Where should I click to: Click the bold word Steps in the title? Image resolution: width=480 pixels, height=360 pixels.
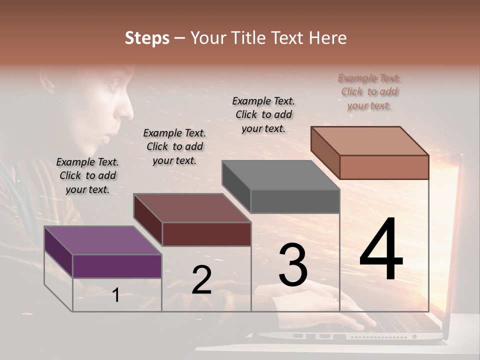(x=147, y=38)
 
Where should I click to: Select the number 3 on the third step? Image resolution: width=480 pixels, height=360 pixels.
(x=293, y=265)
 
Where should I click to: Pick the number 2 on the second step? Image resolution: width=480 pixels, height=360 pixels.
(x=201, y=280)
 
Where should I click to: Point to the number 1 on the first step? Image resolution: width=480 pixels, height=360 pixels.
(x=115, y=295)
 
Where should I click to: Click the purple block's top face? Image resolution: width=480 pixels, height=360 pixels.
(x=102, y=240)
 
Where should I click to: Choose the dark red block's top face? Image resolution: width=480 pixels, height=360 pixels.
(x=192, y=208)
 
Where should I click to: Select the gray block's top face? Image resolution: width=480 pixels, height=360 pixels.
(x=280, y=175)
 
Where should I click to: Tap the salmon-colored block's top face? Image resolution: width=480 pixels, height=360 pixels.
(x=369, y=141)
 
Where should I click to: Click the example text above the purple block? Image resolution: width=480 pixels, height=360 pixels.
(x=87, y=175)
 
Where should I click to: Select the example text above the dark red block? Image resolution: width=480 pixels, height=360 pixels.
(x=174, y=146)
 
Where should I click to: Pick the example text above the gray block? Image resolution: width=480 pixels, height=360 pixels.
(x=263, y=114)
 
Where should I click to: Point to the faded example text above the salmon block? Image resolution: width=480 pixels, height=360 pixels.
(x=369, y=92)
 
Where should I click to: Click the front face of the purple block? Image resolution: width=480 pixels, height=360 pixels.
(x=117, y=266)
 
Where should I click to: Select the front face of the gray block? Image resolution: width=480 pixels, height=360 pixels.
(x=295, y=201)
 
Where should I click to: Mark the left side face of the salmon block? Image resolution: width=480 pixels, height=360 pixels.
(x=325, y=152)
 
